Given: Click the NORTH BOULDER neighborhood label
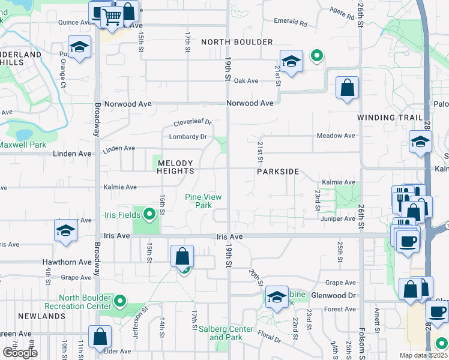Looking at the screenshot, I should (x=237, y=42).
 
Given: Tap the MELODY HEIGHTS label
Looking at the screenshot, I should (x=175, y=167).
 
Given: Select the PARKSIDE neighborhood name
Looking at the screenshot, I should (x=278, y=172).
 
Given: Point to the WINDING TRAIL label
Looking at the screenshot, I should (x=386, y=118).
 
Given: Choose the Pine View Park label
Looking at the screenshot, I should (x=203, y=200).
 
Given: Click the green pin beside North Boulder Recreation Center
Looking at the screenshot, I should (x=120, y=301).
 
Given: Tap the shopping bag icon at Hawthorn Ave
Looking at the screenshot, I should (x=182, y=256).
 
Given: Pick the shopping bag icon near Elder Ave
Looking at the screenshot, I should (x=100, y=337).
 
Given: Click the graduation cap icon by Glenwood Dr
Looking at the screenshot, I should (x=277, y=297).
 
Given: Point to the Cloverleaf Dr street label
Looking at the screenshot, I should (x=193, y=122).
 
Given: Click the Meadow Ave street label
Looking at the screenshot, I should (x=336, y=136).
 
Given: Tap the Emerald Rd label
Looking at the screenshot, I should (x=290, y=22).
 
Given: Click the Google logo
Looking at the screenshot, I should (x=20, y=353).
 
